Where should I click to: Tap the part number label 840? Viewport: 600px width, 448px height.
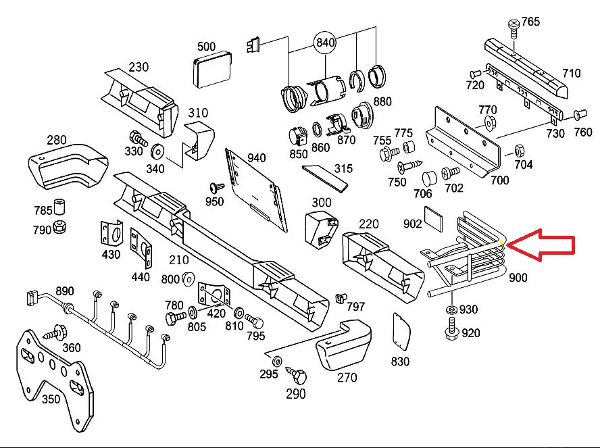[x=325, y=43]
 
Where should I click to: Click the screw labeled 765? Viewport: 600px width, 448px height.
[x=514, y=26]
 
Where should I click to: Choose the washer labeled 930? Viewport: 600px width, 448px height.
[x=451, y=309]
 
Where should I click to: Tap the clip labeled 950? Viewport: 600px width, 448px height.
[x=216, y=186]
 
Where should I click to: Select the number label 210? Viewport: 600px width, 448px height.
[x=179, y=259]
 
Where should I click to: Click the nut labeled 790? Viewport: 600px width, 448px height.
[x=59, y=227]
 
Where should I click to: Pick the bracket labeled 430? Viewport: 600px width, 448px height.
[x=110, y=234]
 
